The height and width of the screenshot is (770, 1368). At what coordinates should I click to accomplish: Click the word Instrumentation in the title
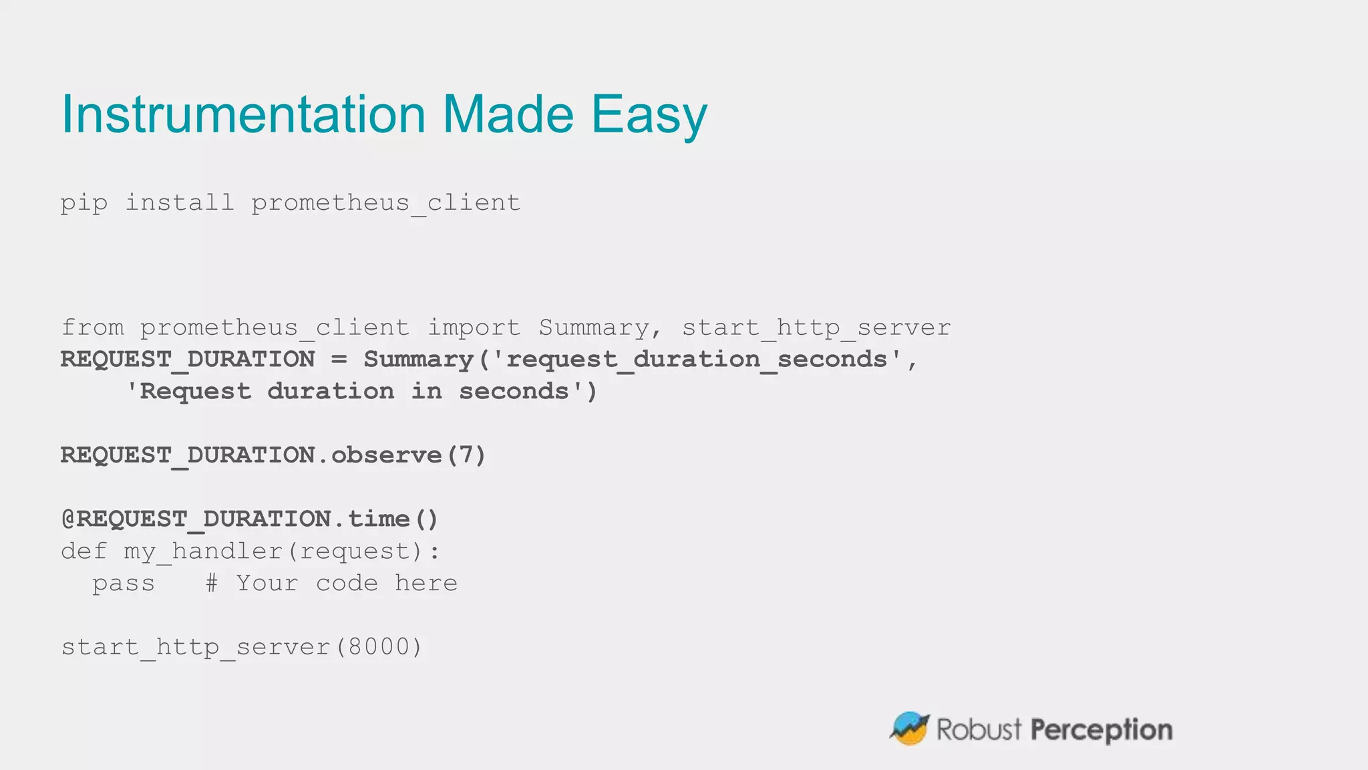click(243, 114)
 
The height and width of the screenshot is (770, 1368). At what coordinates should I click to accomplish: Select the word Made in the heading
click(508, 114)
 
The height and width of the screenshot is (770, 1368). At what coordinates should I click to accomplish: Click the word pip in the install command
click(84, 203)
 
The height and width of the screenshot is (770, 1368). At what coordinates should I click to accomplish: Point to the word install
click(180, 202)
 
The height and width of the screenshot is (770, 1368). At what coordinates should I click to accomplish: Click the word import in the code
click(474, 328)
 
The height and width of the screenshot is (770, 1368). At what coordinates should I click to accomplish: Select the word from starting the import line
click(93, 328)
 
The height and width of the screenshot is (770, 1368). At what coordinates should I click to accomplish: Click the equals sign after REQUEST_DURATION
click(339, 360)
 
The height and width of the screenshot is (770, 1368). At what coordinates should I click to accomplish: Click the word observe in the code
click(387, 455)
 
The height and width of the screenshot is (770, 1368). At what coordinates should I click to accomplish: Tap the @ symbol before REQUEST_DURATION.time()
click(68, 519)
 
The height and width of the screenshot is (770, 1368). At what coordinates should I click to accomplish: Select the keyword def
click(84, 551)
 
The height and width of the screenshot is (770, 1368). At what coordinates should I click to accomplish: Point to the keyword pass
click(124, 584)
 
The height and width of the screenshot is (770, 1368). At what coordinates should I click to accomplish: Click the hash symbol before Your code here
click(212, 583)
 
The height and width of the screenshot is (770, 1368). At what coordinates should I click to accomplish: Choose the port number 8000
click(379, 647)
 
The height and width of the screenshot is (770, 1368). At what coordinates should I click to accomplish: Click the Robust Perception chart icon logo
click(910, 729)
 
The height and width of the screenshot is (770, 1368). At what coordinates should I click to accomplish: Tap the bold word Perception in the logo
click(1101, 731)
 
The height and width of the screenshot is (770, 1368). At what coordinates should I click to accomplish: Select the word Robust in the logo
click(979, 729)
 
